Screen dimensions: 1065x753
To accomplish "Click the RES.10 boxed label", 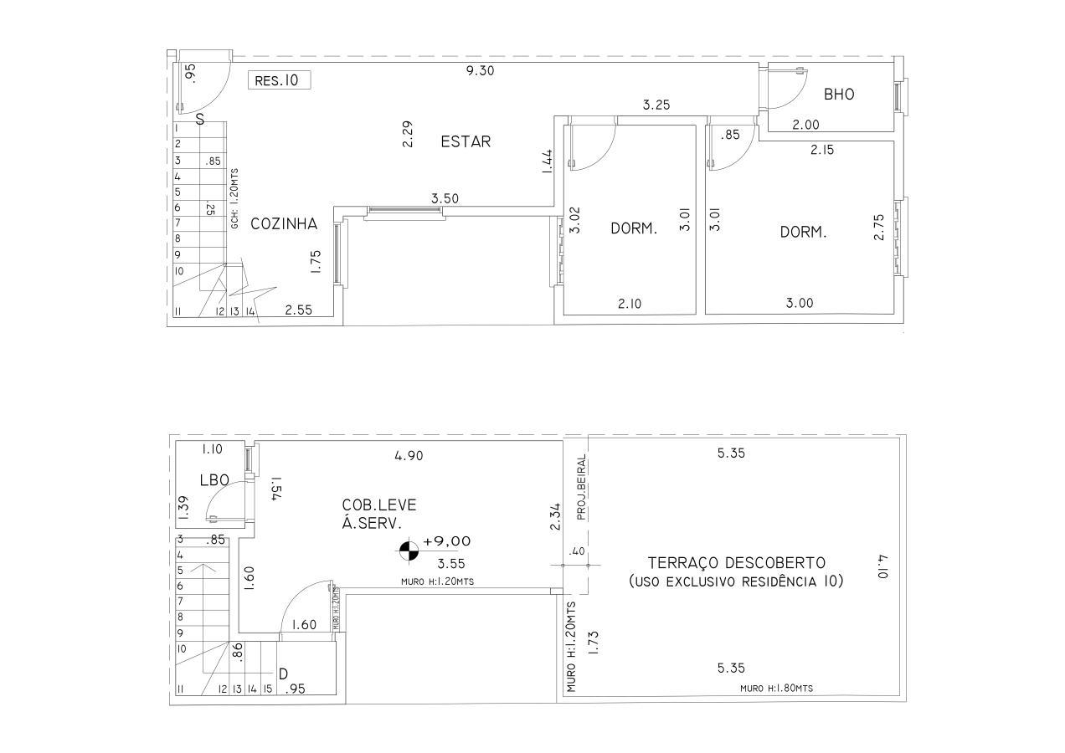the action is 279,80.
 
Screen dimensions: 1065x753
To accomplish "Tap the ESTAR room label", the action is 466,141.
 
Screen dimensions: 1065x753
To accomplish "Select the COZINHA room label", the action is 284,223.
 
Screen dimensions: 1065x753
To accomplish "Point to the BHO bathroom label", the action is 839,95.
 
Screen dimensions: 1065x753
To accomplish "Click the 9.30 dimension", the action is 481,71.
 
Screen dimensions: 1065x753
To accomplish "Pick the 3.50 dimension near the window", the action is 445,198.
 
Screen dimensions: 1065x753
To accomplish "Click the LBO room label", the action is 215,480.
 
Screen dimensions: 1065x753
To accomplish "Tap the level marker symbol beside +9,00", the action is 408,551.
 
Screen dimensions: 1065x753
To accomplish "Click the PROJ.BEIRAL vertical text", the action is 581,488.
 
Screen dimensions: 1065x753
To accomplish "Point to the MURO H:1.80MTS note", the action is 776,689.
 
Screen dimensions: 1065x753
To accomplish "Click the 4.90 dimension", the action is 409,456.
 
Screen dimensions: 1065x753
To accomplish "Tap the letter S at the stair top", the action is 200,120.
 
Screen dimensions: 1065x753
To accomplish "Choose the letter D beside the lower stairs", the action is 283,674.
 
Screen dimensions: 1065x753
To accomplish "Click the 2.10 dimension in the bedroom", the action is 630,303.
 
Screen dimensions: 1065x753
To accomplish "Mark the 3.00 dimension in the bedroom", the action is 800,303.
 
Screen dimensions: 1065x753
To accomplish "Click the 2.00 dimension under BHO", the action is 806,125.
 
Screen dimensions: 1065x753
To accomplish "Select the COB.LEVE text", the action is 379,505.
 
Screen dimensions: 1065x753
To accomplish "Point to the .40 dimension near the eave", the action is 577,551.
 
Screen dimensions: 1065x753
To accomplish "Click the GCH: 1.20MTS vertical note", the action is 235,198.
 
